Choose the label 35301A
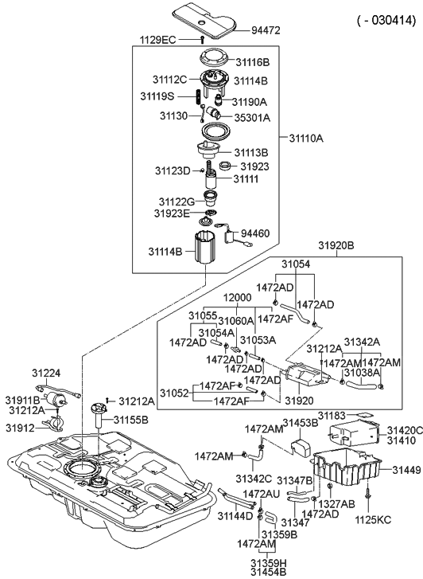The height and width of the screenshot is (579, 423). click(x=251, y=118)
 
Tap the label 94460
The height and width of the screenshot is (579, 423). click(x=255, y=233)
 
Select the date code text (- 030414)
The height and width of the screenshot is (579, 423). click(x=385, y=22)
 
